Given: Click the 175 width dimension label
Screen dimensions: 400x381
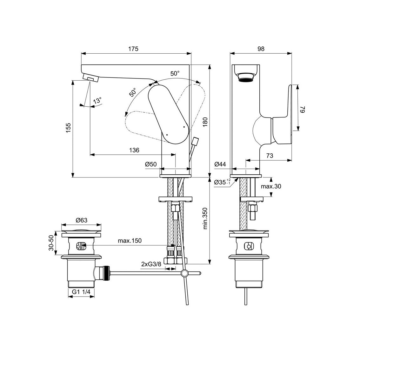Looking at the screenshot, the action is (x=133, y=49).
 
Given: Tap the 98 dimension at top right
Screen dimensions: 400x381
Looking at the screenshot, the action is (x=261, y=49).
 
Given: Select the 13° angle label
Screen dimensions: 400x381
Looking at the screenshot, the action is (x=97, y=101).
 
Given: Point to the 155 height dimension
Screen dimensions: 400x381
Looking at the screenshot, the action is (x=68, y=128).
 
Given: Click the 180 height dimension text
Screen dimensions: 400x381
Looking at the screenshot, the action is (x=205, y=122).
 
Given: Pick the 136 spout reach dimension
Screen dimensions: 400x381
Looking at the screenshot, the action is (x=134, y=150).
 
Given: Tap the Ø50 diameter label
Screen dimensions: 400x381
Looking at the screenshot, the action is (x=151, y=164).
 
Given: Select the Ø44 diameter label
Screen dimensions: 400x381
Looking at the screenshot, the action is (x=220, y=164).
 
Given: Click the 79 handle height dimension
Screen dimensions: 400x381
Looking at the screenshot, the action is (x=303, y=109).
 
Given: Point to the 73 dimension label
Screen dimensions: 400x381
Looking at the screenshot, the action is (x=270, y=156).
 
